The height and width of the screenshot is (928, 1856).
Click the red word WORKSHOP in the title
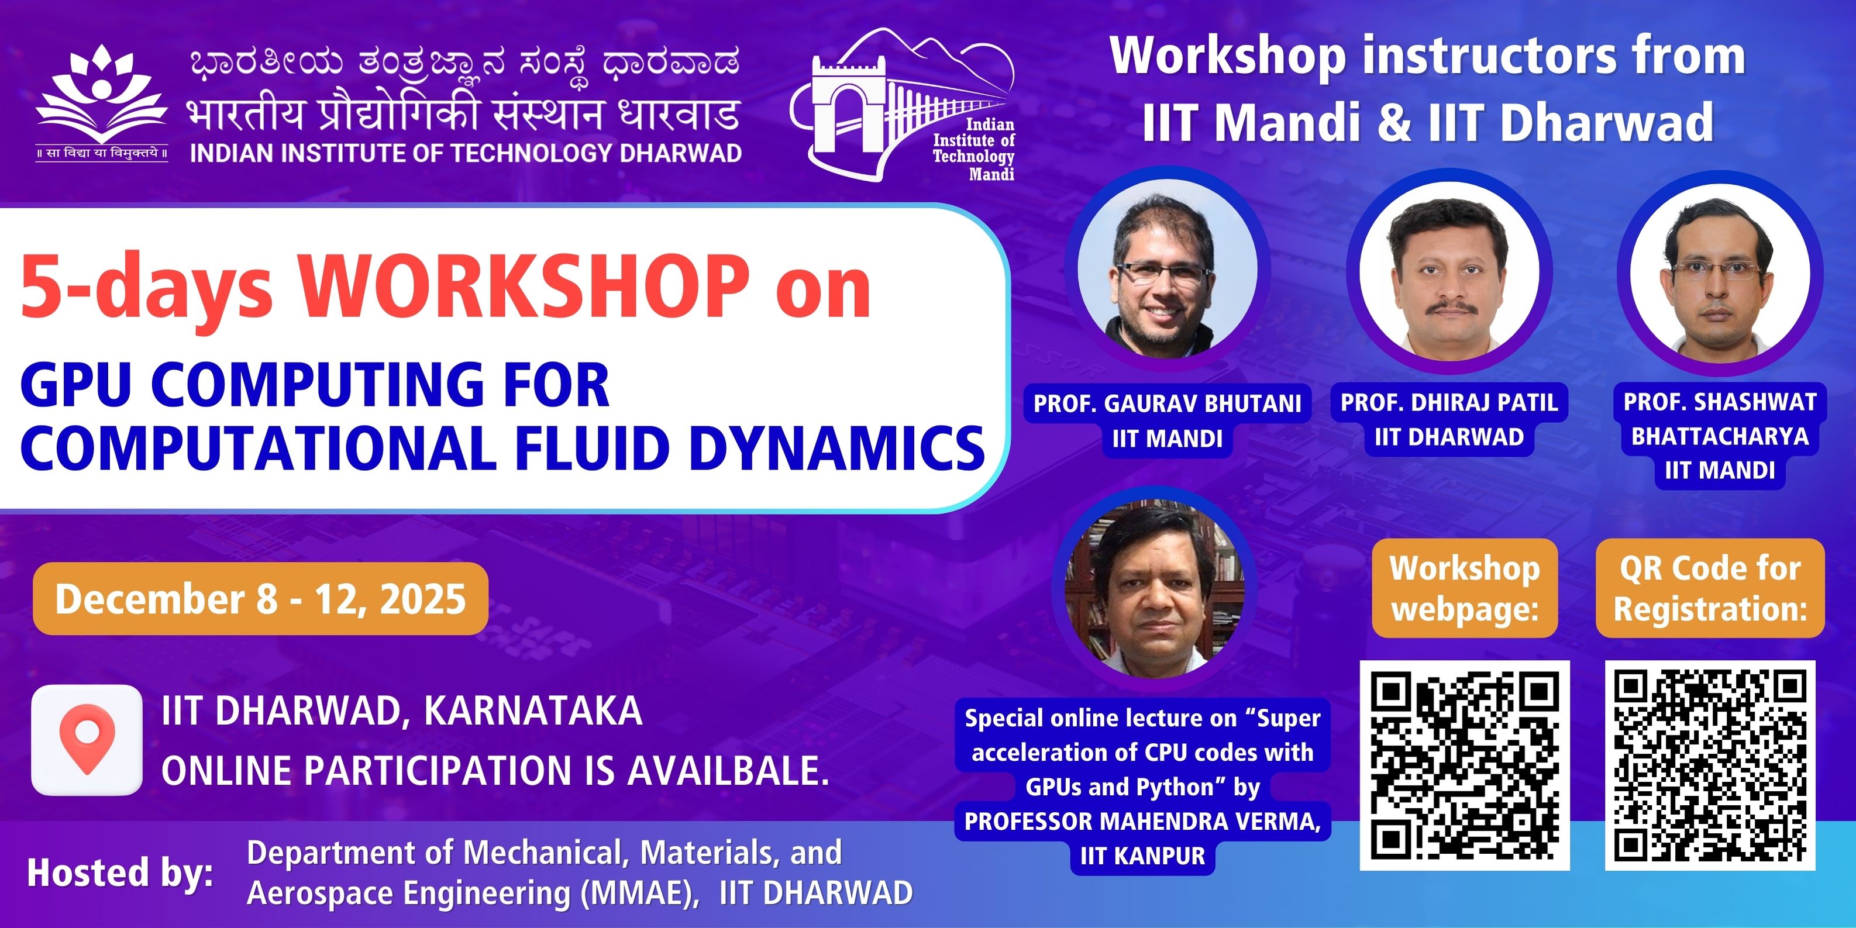524,287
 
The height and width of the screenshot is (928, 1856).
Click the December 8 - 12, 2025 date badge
261,599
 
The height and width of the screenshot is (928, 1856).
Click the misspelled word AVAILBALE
728,771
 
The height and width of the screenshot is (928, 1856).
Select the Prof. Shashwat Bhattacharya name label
1720,436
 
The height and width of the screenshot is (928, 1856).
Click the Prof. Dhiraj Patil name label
1449,419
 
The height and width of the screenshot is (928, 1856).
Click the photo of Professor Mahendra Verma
1154,589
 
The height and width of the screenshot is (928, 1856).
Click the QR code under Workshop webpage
1465,765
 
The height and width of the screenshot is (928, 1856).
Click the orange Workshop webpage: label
1465,588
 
